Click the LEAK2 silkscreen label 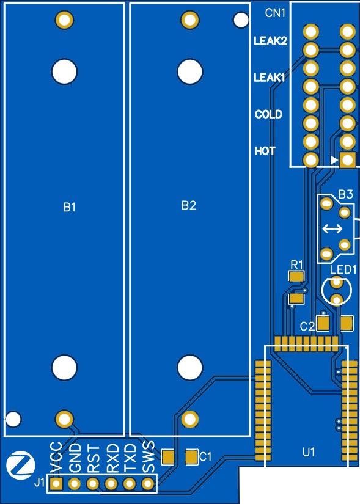[270, 41]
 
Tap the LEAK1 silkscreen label [270, 78]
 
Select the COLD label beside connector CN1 [268, 114]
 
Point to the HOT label [265, 151]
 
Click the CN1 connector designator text [275, 13]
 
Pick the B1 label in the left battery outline [70, 207]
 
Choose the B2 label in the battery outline [189, 205]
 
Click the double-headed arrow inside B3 [332, 229]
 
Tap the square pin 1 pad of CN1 [347, 159]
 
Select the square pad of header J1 [56, 483]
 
